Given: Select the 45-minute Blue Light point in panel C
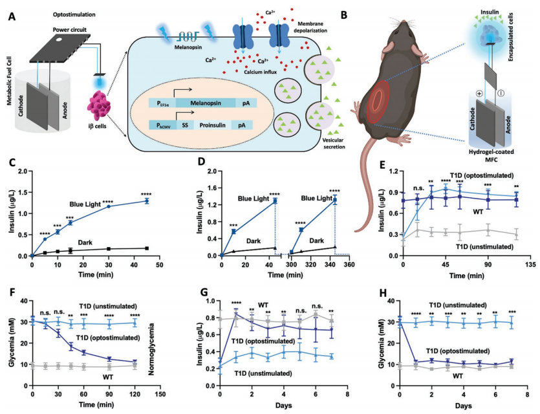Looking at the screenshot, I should (x=147, y=201).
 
